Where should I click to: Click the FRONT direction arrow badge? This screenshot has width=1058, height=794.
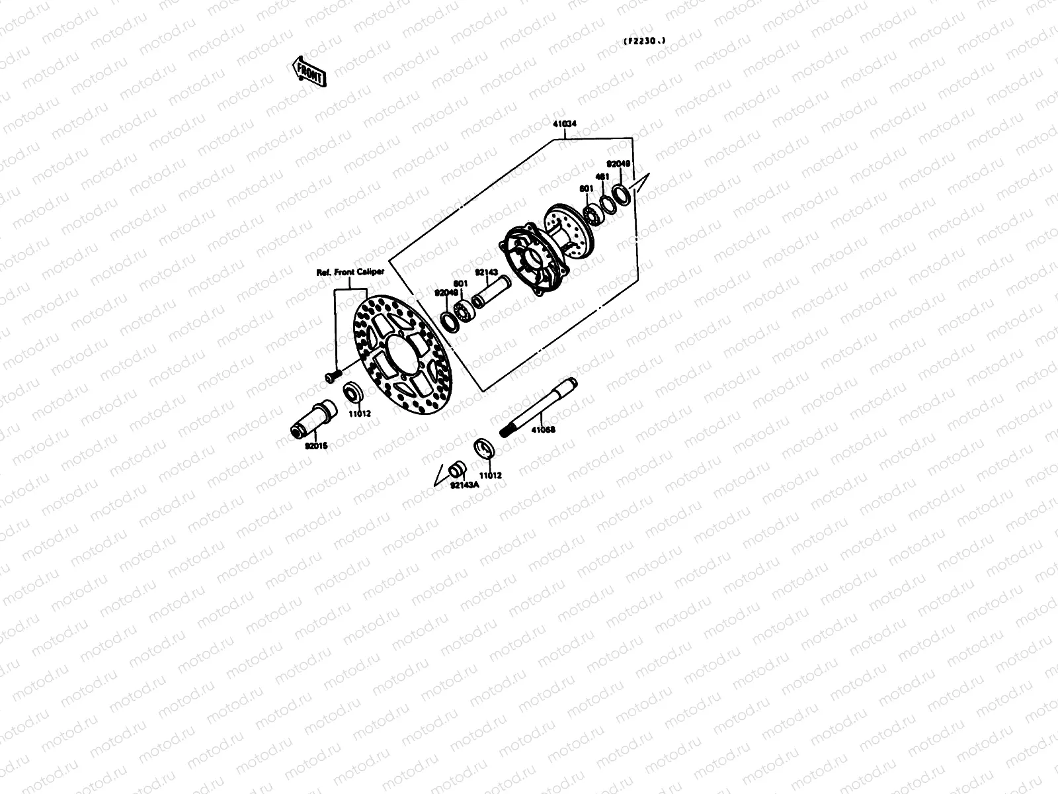[x=309, y=69]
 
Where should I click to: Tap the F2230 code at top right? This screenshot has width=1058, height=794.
[x=644, y=41]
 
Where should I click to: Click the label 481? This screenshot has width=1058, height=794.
[x=602, y=177]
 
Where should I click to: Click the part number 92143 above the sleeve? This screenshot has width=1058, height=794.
[x=486, y=271]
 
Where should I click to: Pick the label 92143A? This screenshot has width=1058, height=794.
[x=464, y=485]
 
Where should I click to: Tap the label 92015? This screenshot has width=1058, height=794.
[x=316, y=445]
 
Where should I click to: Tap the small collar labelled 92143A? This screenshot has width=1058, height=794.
[x=456, y=470]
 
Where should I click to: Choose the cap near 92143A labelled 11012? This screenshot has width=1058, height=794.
[x=486, y=447]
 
